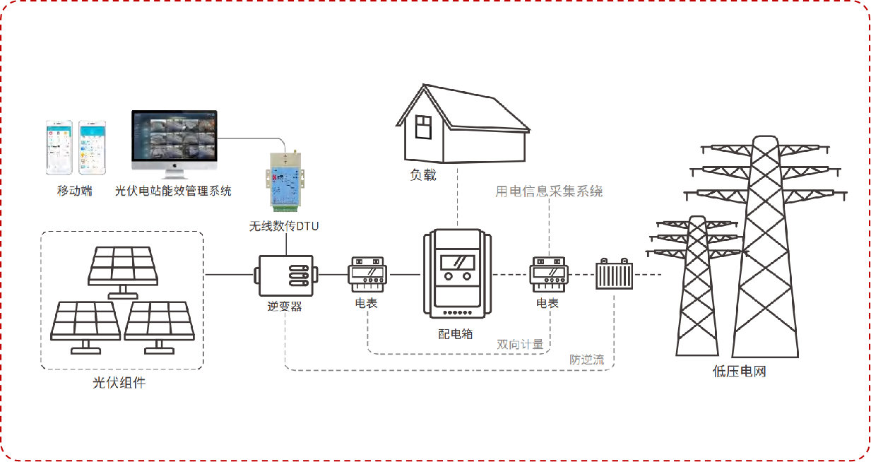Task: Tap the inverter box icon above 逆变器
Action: coord(285,275)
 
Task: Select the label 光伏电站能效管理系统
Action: coord(173,191)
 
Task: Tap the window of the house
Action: coord(422,127)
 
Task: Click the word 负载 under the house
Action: coord(423,174)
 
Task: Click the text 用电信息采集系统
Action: coord(549,191)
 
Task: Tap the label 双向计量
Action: coord(520,344)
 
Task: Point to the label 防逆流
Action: coord(587,360)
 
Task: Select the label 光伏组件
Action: coord(120,383)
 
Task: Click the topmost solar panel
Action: coord(122,266)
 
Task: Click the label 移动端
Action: coord(75,191)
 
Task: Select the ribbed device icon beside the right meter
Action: coord(613,274)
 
